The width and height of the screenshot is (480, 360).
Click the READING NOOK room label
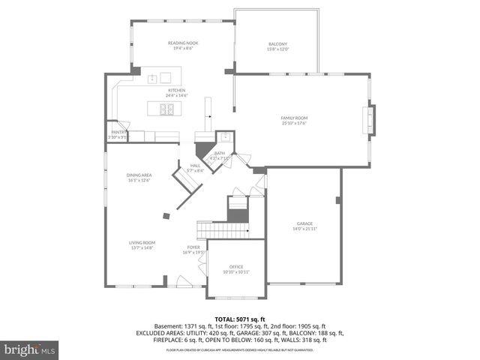[x=182, y=43]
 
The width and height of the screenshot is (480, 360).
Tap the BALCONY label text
[x=277, y=44]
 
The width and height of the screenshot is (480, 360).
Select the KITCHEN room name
[x=177, y=90]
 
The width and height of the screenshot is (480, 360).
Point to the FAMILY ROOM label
[x=294, y=118]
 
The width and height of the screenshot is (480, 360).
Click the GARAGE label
[x=305, y=224]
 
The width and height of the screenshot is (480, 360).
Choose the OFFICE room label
[x=236, y=267]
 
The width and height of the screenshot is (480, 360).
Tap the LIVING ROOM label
[x=141, y=242]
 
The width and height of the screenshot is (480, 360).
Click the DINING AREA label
[x=139, y=175]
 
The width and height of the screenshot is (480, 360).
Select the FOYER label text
[x=193, y=247]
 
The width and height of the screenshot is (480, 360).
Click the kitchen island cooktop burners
[x=167, y=109]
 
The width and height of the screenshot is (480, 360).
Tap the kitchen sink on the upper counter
[x=159, y=77]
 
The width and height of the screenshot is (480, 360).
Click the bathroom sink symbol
[x=224, y=137]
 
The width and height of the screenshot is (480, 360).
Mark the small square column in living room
[x=166, y=216]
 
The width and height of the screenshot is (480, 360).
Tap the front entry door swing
[x=183, y=281]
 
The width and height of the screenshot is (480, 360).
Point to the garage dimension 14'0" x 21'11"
[x=305, y=229]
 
